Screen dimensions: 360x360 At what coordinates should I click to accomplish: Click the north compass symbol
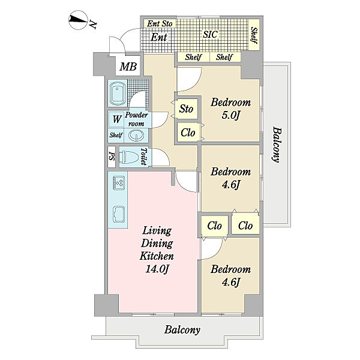point(78,20)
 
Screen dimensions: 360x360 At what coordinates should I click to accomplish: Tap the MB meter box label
point(128,67)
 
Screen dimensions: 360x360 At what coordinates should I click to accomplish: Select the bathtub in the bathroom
point(118,93)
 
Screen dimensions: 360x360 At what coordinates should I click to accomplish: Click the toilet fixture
point(128,157)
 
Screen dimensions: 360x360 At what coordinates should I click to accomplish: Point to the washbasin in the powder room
point(136,135)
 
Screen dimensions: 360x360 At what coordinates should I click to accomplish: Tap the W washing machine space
point(117,119)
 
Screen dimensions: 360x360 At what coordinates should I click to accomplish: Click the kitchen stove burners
point(119,183)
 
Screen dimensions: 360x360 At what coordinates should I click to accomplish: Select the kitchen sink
point(119,215)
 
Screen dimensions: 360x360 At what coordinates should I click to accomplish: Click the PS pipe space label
point(112,157)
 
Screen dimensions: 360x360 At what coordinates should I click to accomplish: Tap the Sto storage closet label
point(186,109)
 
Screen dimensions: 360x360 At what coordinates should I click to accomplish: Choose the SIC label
point(211,34)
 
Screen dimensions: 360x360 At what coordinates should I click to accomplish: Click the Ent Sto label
point(160,23)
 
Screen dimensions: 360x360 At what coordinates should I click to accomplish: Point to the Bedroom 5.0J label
point(230,109)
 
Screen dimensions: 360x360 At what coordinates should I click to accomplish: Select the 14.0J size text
point(157,269)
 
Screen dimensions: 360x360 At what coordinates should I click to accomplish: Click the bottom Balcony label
point(182,330)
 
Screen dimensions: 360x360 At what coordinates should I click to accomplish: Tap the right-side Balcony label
point(276,145)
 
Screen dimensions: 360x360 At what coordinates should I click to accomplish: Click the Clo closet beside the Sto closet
point(188,133)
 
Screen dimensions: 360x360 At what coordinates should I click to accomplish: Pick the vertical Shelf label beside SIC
point(254,35)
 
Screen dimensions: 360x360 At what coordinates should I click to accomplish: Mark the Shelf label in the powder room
point(116,135)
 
